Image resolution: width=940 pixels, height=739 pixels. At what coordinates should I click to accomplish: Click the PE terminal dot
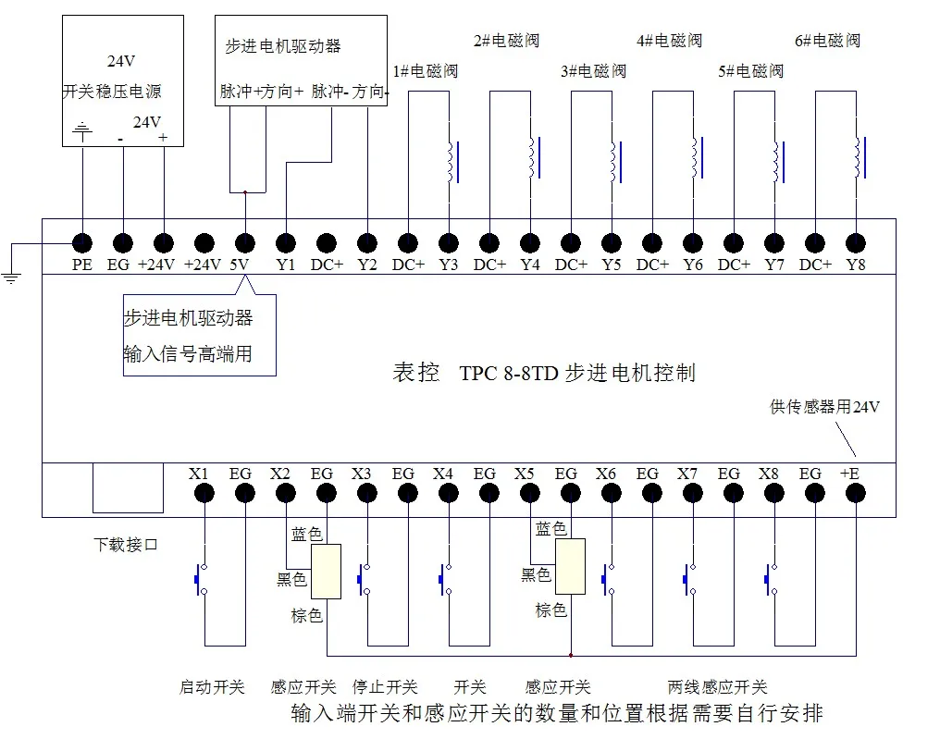tap(82, 243)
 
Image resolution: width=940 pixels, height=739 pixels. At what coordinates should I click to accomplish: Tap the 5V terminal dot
tap(245, 243)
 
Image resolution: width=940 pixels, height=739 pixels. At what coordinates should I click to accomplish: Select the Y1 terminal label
tap(286, 265)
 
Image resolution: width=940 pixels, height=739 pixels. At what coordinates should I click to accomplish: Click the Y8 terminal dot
tap(856, 243)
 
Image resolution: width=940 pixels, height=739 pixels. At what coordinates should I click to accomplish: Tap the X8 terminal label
tap(768, 474)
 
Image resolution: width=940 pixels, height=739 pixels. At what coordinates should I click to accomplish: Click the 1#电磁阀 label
tap(426, 71)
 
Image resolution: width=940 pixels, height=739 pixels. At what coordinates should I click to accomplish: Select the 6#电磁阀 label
tap(827, 41)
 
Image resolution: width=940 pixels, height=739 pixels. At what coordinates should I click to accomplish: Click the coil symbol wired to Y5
tap(612, 163)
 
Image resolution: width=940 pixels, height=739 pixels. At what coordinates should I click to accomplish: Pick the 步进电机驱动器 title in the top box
tap(282, 45)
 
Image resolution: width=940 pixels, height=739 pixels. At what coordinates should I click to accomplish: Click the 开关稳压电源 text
tap(112, 92)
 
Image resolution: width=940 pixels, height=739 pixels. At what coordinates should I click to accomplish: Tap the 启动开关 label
tap(211, 687)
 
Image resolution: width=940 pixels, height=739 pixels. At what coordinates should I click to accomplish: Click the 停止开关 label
tap(385, 687)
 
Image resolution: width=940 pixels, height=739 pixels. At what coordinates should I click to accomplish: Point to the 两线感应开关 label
tap(717, 687)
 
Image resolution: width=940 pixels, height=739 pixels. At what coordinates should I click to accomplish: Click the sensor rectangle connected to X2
tap(326, 572)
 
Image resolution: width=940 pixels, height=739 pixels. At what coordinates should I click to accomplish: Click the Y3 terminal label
tap(449, 265)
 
